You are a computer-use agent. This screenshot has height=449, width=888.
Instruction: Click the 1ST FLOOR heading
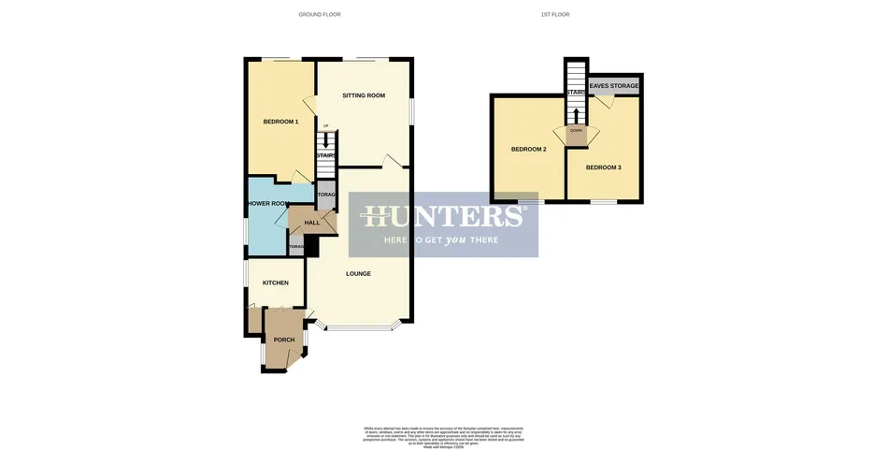(555, 15)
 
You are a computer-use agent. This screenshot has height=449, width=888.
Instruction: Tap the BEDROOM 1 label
(280, 122)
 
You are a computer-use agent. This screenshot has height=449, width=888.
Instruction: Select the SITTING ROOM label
(364, 95)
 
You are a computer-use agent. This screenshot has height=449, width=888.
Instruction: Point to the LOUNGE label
(358, 274)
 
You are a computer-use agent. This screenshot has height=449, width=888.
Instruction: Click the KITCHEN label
(275, 282)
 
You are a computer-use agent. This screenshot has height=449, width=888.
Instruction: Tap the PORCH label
(283, 340)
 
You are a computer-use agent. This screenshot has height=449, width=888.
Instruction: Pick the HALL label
(311, 223)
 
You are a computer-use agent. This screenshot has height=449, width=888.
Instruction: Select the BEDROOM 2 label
(528, 150)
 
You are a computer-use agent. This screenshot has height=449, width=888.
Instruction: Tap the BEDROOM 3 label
(603, 167)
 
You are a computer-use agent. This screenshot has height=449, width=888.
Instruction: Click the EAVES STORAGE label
(614, 86)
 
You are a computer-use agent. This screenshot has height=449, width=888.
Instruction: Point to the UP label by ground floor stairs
(326, 126)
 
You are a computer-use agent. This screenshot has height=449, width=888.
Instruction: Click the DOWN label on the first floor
(576, 130)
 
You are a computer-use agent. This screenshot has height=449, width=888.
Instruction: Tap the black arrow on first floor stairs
(576, 114)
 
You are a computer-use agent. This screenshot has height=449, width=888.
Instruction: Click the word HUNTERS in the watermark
(443, 217)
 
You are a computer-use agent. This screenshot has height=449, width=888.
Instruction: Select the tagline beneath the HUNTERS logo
(443, 240)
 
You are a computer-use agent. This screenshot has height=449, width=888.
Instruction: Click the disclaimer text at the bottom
(443, 434)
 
